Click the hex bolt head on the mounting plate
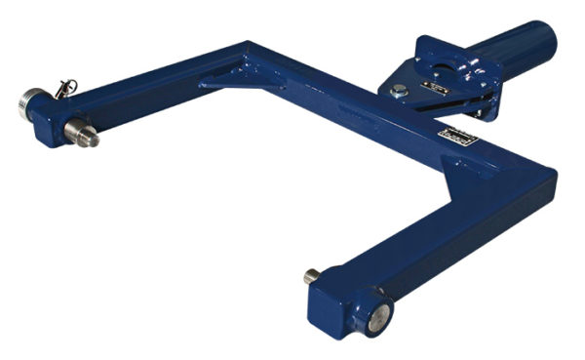click(x=398, y=91)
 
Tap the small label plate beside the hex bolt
click(x=432, y=89)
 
